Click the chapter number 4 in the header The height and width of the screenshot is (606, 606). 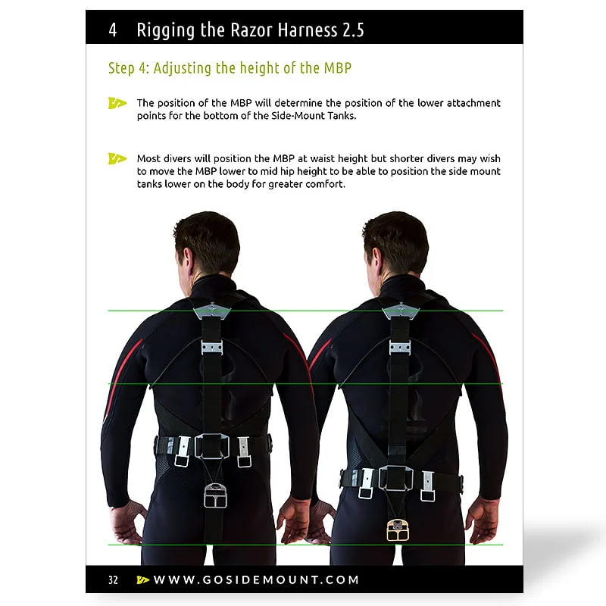coord(112,30)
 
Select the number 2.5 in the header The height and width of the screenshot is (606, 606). coord(353,30)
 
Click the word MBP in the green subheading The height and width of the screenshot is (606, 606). coord(337,68)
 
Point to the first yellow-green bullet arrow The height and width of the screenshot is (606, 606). coord(117,103)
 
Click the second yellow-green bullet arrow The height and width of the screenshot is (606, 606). coord(117,158)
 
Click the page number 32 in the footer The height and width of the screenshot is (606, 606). coord(113,579)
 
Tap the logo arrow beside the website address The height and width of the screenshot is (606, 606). coord(143,579)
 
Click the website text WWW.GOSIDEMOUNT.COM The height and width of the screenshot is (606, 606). coord(256,579)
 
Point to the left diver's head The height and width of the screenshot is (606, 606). coord(208,243)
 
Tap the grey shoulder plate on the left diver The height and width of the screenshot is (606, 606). coord(212,310)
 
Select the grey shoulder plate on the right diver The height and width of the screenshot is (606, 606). coord(401,310)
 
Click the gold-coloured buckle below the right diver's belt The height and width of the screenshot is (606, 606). coord(398,530)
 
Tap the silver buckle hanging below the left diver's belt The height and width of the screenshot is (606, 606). coord(215,495)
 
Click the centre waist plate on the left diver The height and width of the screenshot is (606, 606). coord(212,446)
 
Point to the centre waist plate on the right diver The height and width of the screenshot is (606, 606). coord(395,479)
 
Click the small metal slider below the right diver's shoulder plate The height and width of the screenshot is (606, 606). coord(400,348)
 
